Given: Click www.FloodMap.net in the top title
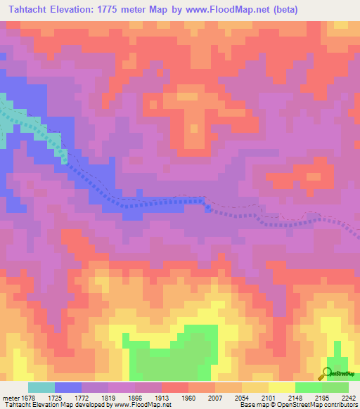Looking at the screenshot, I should [x=228, y=10].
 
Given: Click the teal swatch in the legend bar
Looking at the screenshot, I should [x=41, y=387].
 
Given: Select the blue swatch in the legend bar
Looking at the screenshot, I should [x=68, y=387].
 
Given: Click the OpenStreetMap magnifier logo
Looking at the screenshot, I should [x=327, y=372].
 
